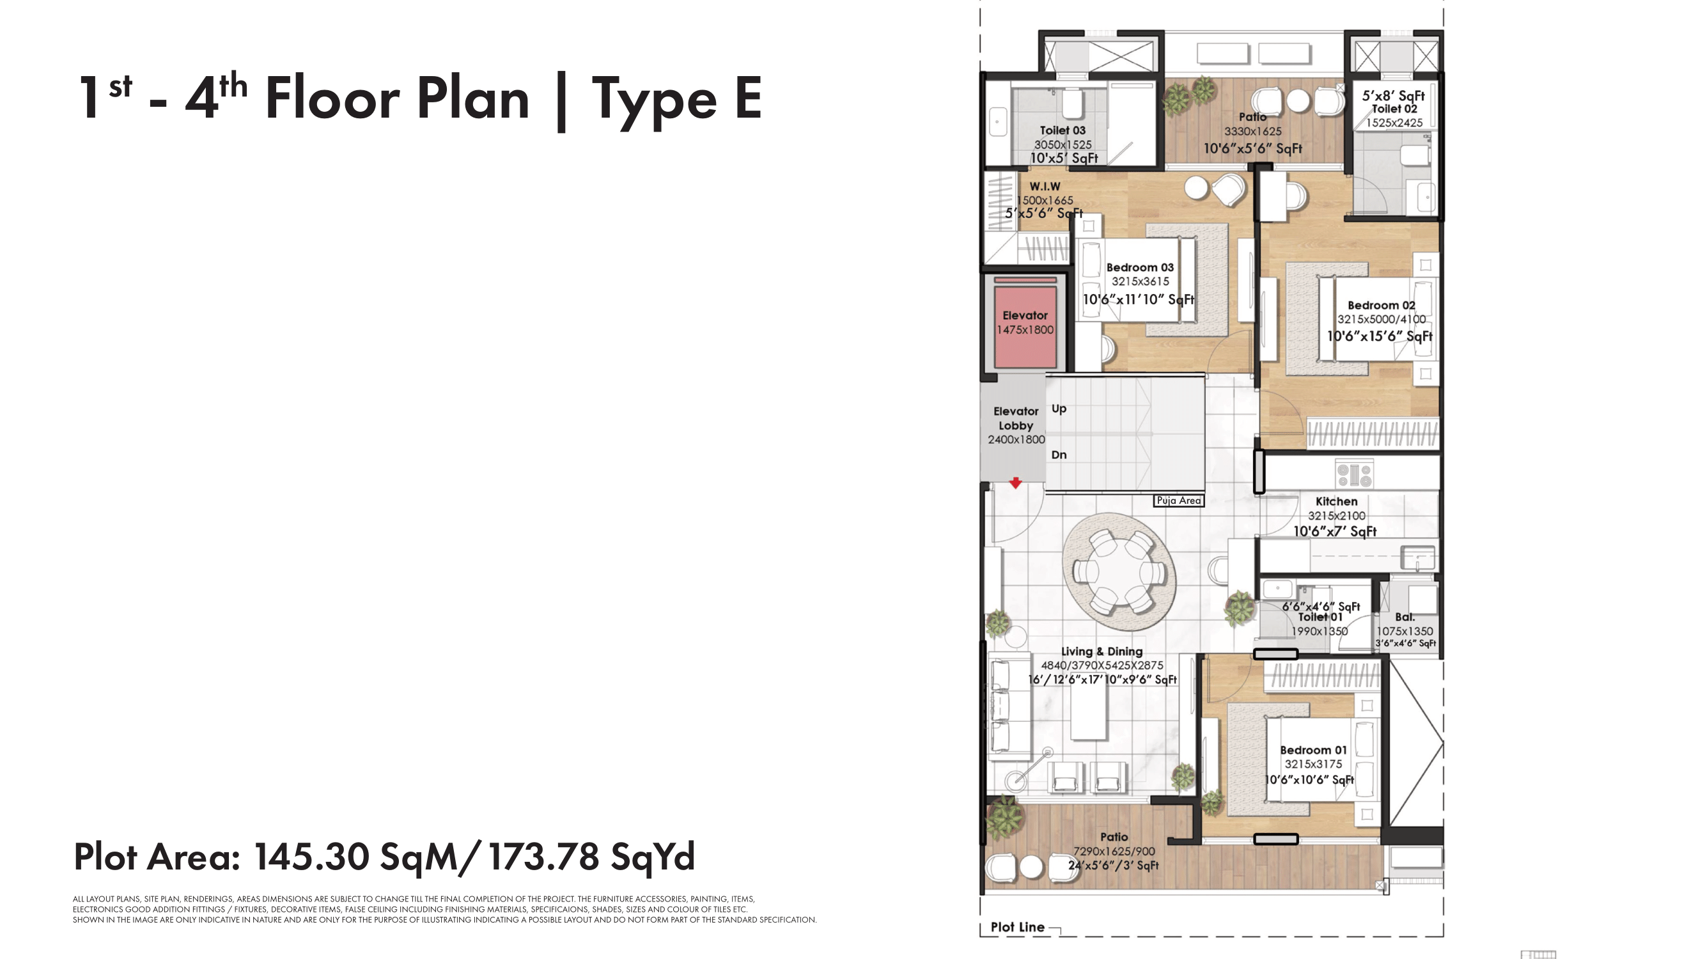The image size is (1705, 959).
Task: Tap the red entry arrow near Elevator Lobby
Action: click(x=1015, y=483)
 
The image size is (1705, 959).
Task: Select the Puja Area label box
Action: click(x=1179, y=501)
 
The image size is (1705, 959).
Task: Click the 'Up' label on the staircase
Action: click(x=1059, y=409)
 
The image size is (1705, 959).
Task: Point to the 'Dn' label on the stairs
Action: click(x=1059, y=455)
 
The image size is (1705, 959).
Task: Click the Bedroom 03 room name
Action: click(x=1140, y=267)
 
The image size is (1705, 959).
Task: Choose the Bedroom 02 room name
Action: click(x=1382, y=305)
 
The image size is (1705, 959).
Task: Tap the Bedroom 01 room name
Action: click(x=1313, y=750)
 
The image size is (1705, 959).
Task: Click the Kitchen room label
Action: click(x=1336, y=502)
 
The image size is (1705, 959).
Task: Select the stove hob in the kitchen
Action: click(x=1354, y=474)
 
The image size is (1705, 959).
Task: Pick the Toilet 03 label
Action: click(x=1063, y=130)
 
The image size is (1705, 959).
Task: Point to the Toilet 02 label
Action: click(x=1394, y=109)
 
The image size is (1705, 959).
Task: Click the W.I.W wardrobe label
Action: click(x=1045, y=187)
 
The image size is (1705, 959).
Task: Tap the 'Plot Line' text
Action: click(x=1017, y=927)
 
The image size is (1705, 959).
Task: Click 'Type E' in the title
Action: click(x=676, y=99)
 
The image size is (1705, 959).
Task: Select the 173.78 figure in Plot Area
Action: click(x=543, y=857)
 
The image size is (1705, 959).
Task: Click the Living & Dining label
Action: click(x=1102, y=651)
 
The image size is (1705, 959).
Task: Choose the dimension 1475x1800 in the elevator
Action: click(x=1025, y=330)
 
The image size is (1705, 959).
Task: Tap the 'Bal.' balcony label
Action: click(x=1405, y=617)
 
